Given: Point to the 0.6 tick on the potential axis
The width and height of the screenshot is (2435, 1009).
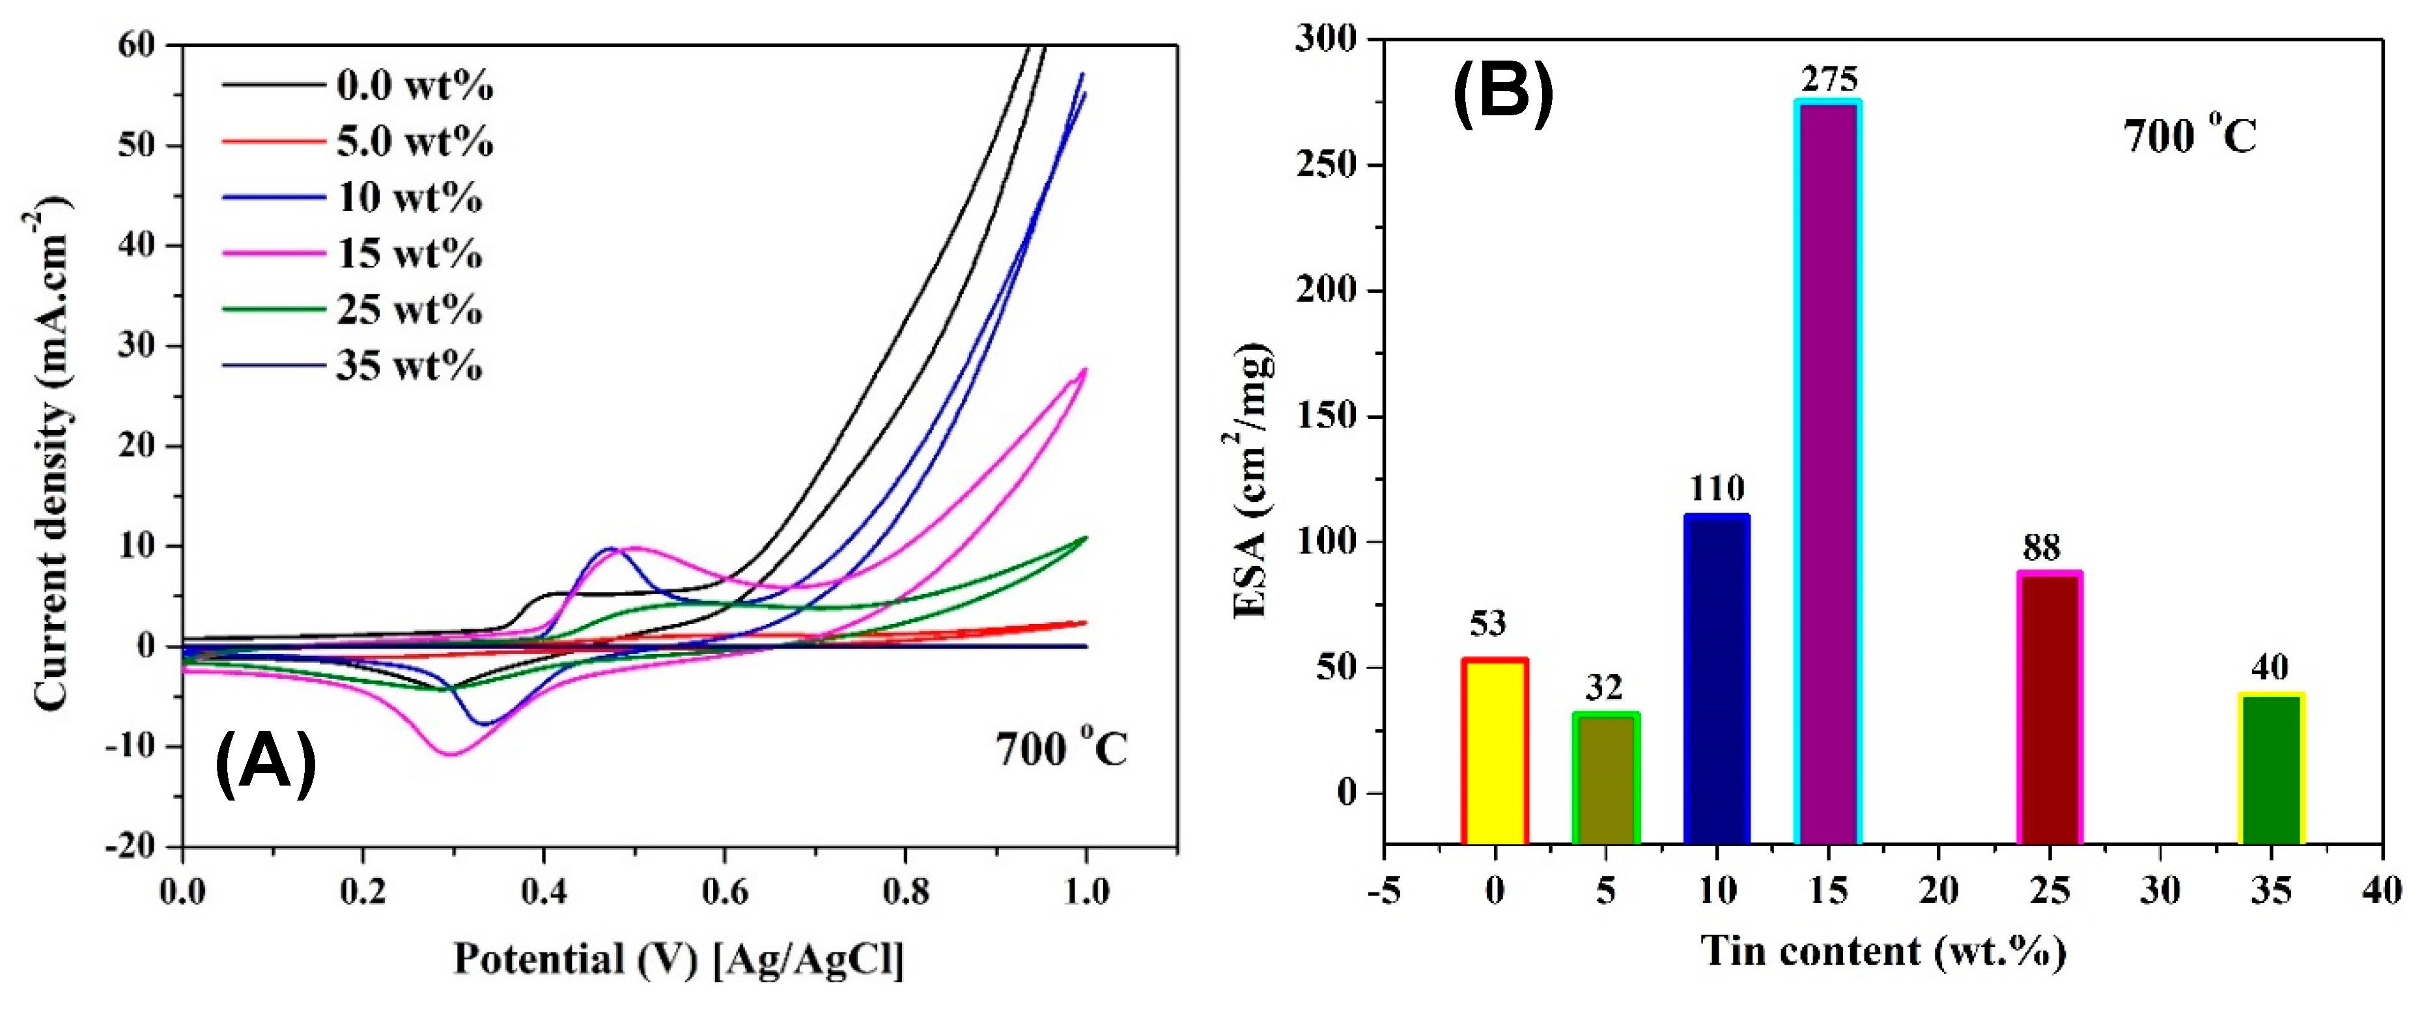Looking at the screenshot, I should point(724,891).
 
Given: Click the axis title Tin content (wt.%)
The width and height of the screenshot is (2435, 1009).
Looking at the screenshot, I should point(1883,950).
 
